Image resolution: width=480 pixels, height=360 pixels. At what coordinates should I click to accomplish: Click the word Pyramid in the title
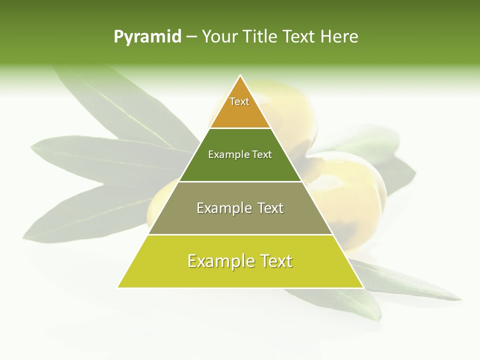tap(147, 37)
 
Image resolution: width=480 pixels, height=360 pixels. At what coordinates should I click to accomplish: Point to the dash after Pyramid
tap(191, 37)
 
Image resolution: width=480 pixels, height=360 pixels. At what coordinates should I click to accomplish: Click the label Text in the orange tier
tap(239, 101)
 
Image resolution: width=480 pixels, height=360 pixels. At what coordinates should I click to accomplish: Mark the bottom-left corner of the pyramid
tap(118, 287)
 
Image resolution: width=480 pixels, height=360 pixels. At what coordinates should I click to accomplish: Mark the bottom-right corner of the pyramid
tap(362, 287)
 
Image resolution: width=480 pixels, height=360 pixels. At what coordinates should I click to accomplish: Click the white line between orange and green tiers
tap(240, 128)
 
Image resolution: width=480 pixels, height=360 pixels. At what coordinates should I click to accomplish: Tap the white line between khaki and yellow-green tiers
tap(240, 234)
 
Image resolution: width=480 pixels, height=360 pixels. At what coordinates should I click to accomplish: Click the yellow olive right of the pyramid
tap(350, 185)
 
